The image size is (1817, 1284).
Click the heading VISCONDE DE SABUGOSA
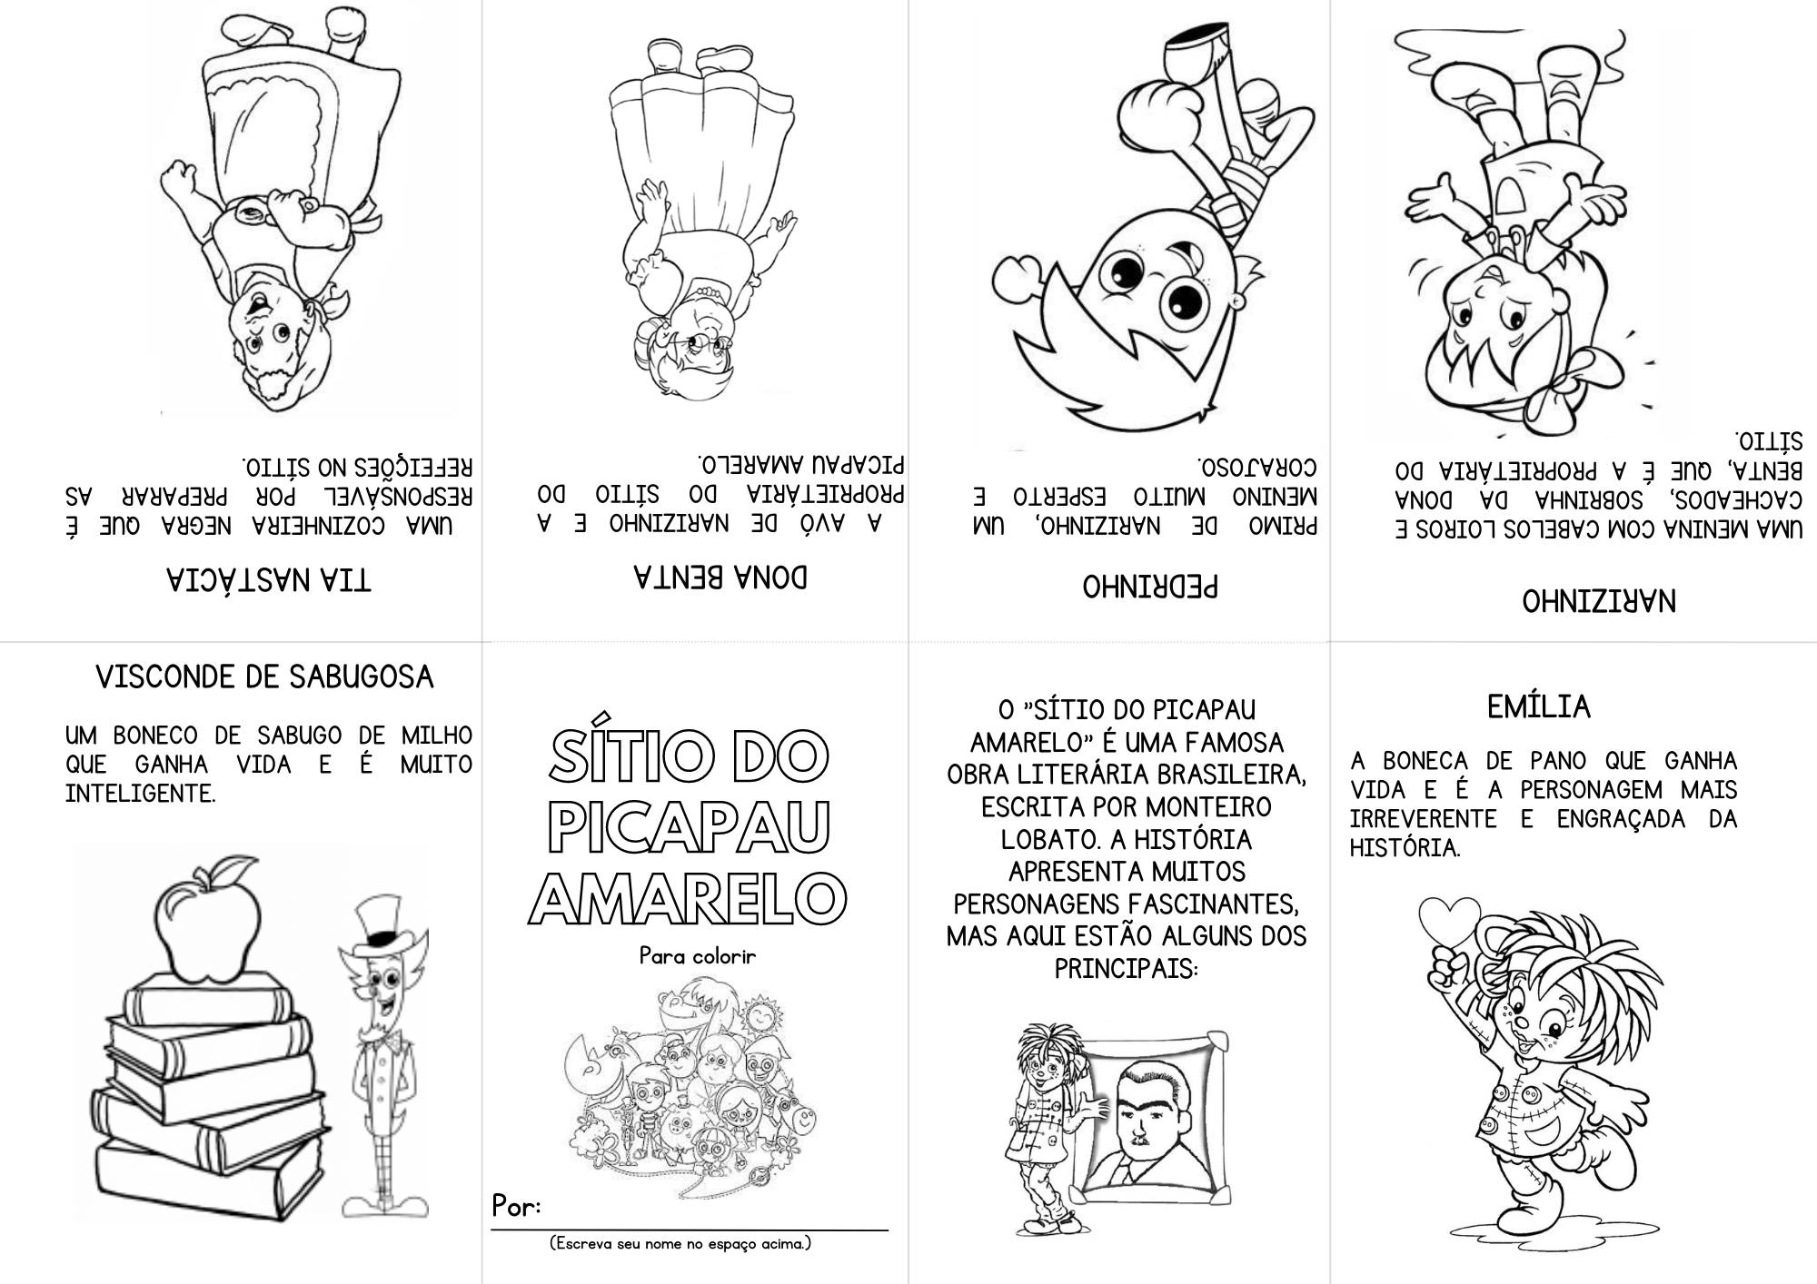point(264,677)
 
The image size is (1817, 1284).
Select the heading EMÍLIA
point(1538,706)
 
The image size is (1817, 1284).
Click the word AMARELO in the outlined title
point(687,898)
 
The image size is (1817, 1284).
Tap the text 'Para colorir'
point(697,956)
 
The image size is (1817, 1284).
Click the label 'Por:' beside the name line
point(516,1206)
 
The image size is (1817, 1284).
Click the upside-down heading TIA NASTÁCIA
point(268,579)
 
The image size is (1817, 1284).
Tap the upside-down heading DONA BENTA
point(720,577)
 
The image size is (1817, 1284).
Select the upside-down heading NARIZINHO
point(1598,600)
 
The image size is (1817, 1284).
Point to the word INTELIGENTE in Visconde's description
point(140,794)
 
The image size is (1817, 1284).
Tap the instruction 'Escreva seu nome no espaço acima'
point(680,1244)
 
